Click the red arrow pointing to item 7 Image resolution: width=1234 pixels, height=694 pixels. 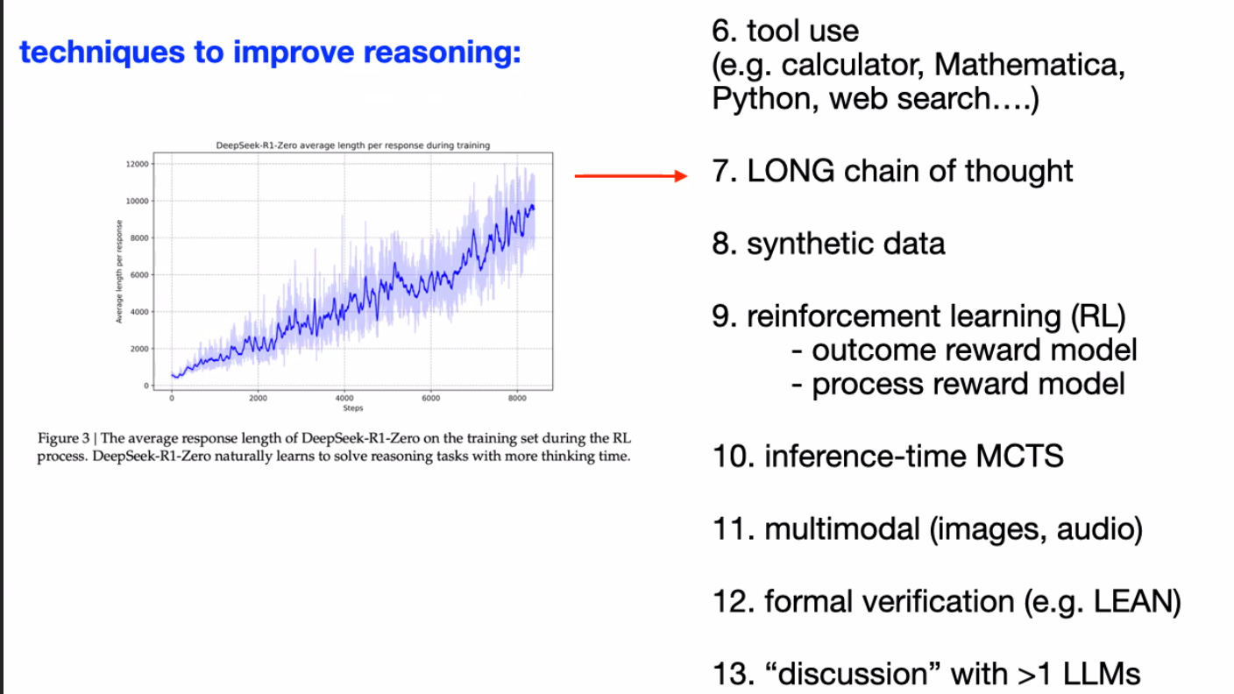[631, 176]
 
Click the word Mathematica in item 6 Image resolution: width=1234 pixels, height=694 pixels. [1029, 65]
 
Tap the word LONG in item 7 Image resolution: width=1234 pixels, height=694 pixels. [791, 171]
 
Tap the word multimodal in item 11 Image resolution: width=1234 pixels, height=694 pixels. [842, 528]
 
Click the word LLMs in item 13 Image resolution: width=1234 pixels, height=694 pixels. [1102, 674]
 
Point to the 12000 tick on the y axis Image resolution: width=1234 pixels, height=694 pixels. [138, 164]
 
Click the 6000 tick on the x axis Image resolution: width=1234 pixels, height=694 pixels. [431, 398]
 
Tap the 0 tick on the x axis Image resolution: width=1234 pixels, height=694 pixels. [172, 398]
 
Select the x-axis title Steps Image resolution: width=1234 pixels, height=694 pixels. [353, 408]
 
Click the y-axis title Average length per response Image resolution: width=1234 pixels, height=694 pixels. [118, 272]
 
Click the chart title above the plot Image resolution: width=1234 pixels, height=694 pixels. [352, 145]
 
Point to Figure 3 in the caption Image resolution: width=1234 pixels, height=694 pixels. [63, 438]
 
